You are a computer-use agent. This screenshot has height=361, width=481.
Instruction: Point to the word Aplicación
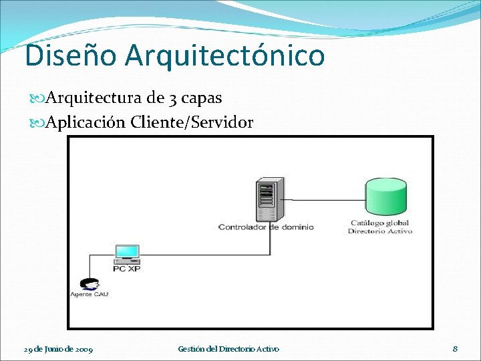[x=86, y=123]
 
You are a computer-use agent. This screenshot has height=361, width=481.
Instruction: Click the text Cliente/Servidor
[x=192, y=123]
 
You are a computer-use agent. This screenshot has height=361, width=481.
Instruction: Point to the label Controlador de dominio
[x=266, y=227]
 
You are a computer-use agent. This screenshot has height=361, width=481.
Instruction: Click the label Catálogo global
[x=380, y=223]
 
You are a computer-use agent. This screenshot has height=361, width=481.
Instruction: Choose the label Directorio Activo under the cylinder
[x=380, y=231]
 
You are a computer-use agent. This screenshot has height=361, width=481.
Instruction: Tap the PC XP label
[x=126, y=269]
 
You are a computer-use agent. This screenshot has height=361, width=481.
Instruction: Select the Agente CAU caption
[x=90, y=294]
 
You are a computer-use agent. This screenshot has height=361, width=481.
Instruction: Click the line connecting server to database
[x=327, y=198]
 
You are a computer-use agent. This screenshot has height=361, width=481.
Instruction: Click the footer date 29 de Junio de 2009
[x=58, y=349]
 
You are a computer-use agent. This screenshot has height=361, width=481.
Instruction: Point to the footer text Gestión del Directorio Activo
[x=228, y=349]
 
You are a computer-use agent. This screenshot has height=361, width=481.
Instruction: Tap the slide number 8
[x=455, y=348]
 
